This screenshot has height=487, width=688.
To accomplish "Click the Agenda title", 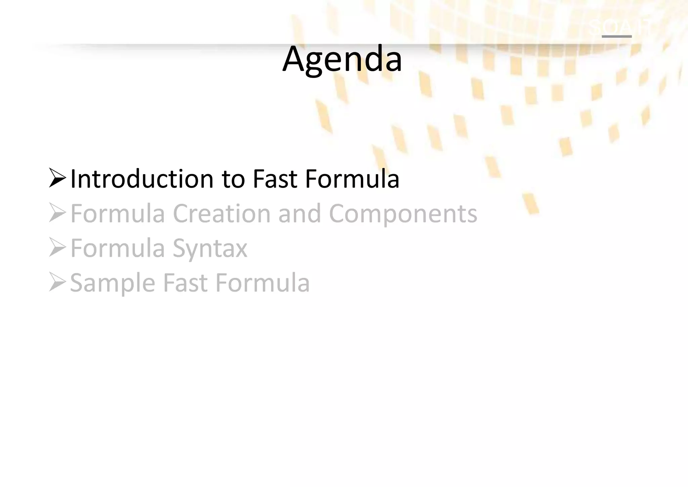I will coord(342,59).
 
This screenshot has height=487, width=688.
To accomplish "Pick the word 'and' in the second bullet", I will coord(300,213).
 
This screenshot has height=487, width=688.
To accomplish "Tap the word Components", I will coord(403,214).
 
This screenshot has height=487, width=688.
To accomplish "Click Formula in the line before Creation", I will coord(118,213).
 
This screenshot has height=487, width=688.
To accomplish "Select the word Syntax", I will coord(210,249).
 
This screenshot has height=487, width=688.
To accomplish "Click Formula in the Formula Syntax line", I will coord(118,248).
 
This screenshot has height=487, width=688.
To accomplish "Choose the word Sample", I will coord(113,283).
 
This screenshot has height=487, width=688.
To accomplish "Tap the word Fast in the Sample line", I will coord(185,283).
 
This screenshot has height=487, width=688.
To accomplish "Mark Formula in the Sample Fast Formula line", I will coord(262,283).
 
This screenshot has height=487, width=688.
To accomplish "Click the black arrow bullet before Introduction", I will coord(57,178).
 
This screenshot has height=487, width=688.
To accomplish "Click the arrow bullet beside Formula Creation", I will coord(57,213).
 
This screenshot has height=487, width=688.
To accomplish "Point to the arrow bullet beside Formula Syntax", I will coord(57,247).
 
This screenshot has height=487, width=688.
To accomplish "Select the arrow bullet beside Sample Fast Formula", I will coord(57,282).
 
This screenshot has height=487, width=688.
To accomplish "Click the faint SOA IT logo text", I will coord(619,26).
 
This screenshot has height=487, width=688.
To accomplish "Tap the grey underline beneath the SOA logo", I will coord(616,36).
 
